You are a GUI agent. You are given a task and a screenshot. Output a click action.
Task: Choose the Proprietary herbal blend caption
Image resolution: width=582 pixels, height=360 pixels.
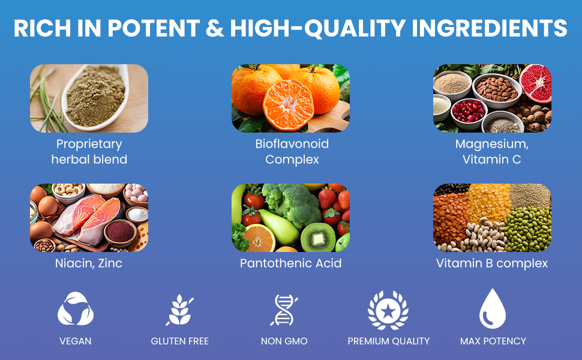click(x=89, y=151)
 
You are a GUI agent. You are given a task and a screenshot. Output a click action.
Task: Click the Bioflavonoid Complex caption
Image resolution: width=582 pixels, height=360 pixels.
click(x=292, y=151)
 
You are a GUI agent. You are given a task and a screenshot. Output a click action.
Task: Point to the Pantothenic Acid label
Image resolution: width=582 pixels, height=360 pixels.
click(x=291, y=263)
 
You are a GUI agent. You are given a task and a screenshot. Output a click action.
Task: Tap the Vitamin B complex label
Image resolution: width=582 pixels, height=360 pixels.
click(x=492, y=263)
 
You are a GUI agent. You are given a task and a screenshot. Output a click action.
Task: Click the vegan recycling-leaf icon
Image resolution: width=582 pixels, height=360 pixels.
click(x=76, y=308)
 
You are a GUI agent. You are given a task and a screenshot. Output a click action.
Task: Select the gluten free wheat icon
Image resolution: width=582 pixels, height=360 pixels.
click(x=179, y=310)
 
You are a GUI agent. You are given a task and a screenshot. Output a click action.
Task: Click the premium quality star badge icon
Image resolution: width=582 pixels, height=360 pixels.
click(x=388, y=310)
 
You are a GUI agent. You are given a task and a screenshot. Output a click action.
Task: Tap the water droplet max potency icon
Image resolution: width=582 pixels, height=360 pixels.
click(x=493, y=308)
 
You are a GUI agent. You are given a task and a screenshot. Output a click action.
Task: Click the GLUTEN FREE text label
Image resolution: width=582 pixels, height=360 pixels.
click(x=180, y=341)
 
